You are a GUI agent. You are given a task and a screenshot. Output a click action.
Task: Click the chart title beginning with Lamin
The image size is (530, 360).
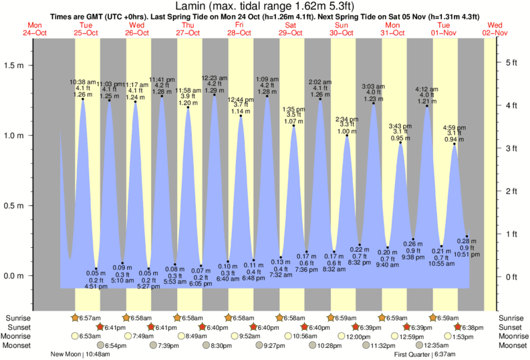266,7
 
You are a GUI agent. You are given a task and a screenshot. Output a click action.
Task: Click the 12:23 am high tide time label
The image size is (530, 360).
214,77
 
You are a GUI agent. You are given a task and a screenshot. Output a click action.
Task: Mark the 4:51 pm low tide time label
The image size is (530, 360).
97,287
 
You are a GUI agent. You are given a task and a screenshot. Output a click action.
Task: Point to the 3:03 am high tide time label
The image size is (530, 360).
373,86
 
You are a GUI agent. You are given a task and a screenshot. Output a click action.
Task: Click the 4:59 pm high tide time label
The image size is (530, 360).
454,127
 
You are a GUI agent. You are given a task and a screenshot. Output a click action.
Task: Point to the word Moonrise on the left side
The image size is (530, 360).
20,336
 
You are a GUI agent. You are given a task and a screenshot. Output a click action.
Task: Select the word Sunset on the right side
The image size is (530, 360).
512,327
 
